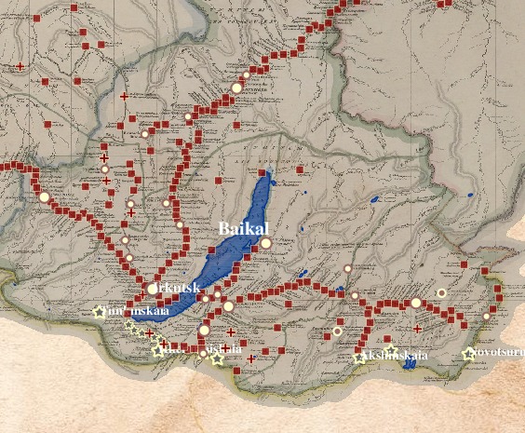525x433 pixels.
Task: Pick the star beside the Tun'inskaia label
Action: tap(99, 313)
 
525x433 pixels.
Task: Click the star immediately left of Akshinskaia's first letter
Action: tap(359, 358)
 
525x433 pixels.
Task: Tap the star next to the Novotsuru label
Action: tap(468, 354)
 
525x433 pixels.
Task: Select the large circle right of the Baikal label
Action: tap(266, 243)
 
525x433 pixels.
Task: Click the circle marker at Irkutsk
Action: tap(153, 289)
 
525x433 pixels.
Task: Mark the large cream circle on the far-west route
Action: tap(44, 196)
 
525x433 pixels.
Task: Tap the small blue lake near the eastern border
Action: tap(470, 196)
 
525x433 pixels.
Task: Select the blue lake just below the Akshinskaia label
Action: tap(410, 365)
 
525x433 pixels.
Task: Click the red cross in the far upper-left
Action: tap(20, 66)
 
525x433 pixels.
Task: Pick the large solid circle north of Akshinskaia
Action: tap(415, 303)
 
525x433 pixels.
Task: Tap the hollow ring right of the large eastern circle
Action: tap(442, 293)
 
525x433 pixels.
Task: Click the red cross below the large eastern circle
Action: tap(417, 329)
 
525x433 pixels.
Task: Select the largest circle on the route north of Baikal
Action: tap(236, 88)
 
